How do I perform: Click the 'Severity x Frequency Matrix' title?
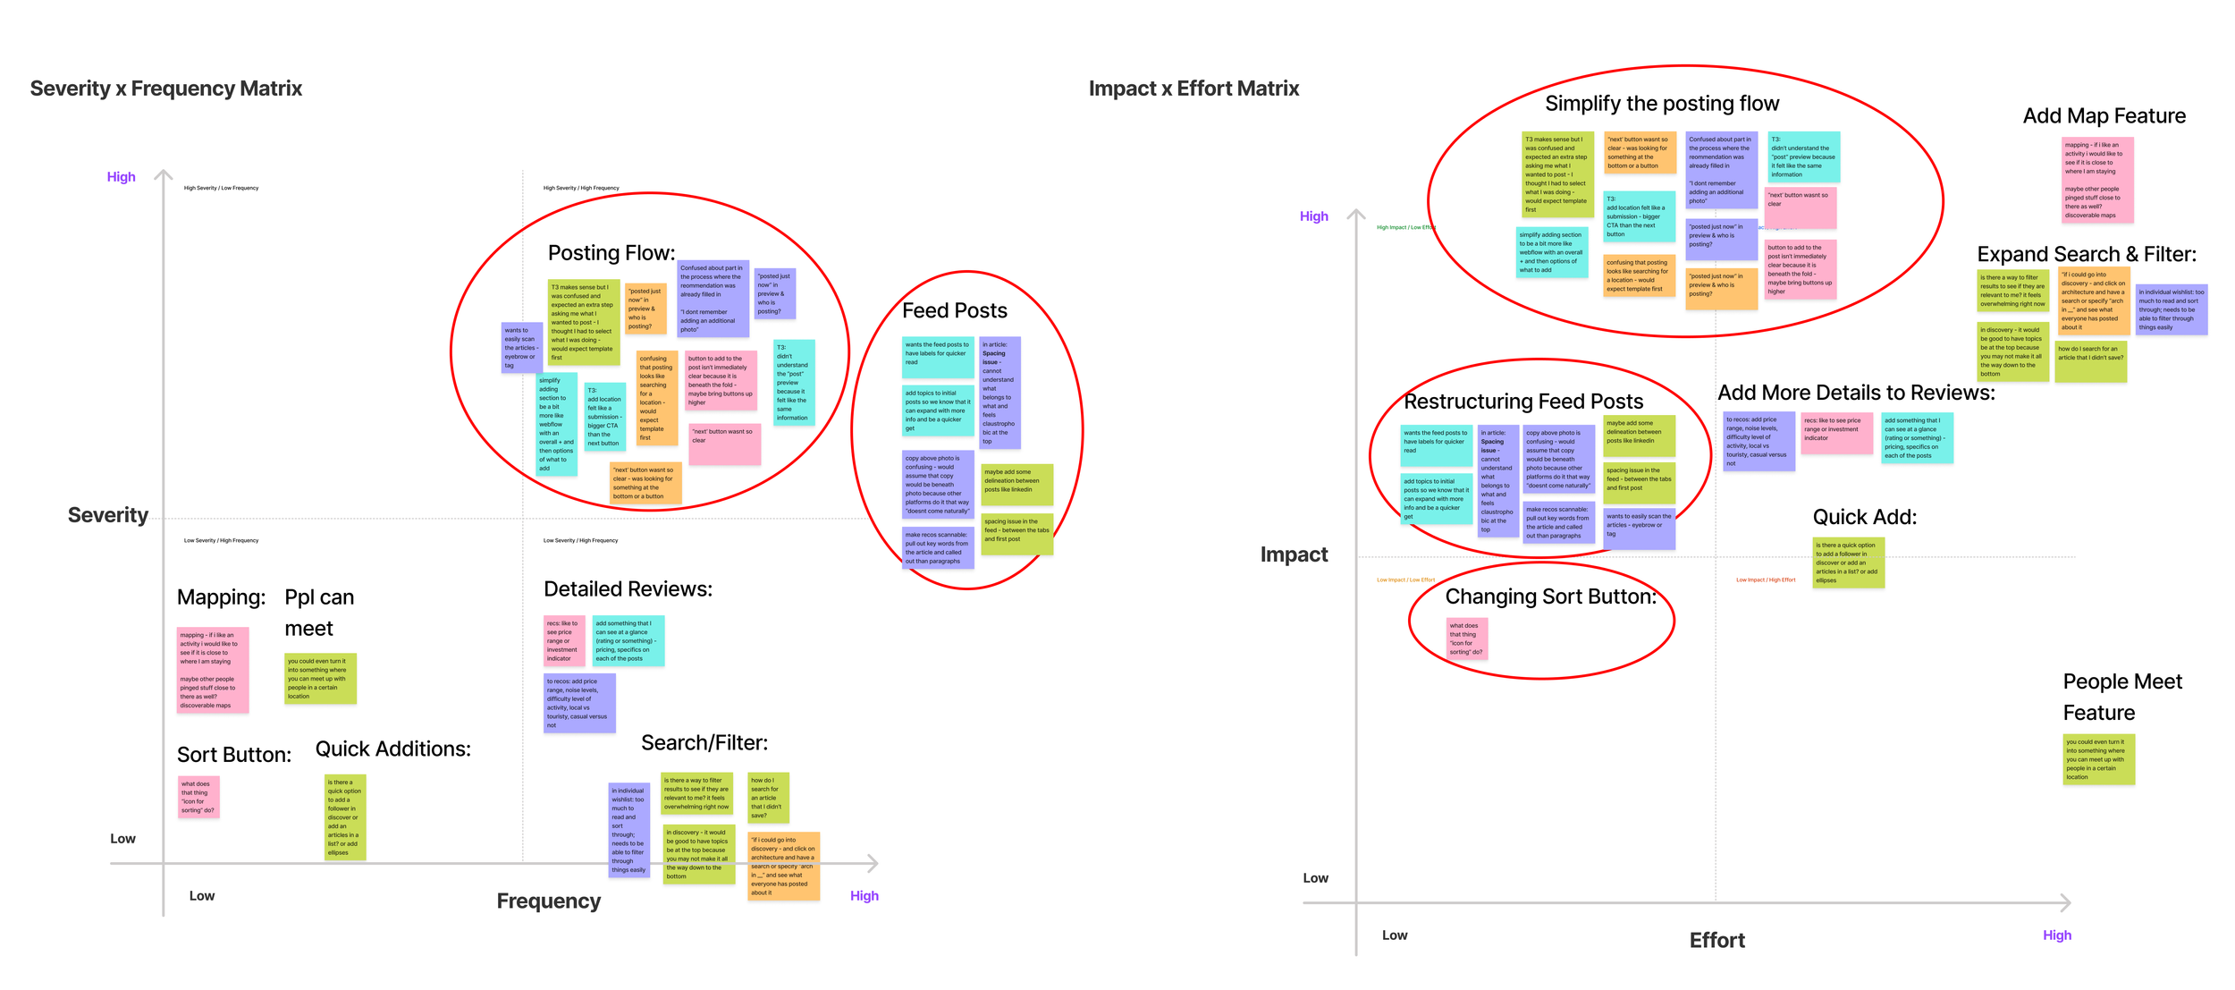[x=166, y=89]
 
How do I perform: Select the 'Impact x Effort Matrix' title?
[x=1193, y=89]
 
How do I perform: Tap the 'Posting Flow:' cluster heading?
[x=611, y=253]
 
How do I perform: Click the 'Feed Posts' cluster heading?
[x=954, y=310]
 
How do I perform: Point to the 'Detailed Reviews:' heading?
[x=628, y=589]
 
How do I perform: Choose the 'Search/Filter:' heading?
[x=704, y=743]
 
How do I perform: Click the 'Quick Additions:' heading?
[x=392, y=749]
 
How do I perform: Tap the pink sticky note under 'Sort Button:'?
[x=198, y=797]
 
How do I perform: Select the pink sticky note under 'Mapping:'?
[x=213, y=670]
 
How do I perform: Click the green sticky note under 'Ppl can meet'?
[x=320, y=679]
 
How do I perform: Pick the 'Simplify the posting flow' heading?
[x=1661, y=104]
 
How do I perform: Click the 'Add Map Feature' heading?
[x=2104, y=116]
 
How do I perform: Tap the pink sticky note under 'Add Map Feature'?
[x=2097, y=180]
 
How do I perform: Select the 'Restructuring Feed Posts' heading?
[x=1522, y=402]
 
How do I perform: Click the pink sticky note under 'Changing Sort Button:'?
[x=1467, y=639]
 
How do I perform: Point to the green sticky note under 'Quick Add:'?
[x=1848, y=563]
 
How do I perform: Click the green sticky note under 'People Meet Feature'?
[x=2098, y=759]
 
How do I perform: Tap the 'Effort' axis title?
[x=1716, y=940]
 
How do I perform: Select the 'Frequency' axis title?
[x=548, y=901]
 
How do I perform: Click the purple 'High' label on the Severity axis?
[x=122, y=177]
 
